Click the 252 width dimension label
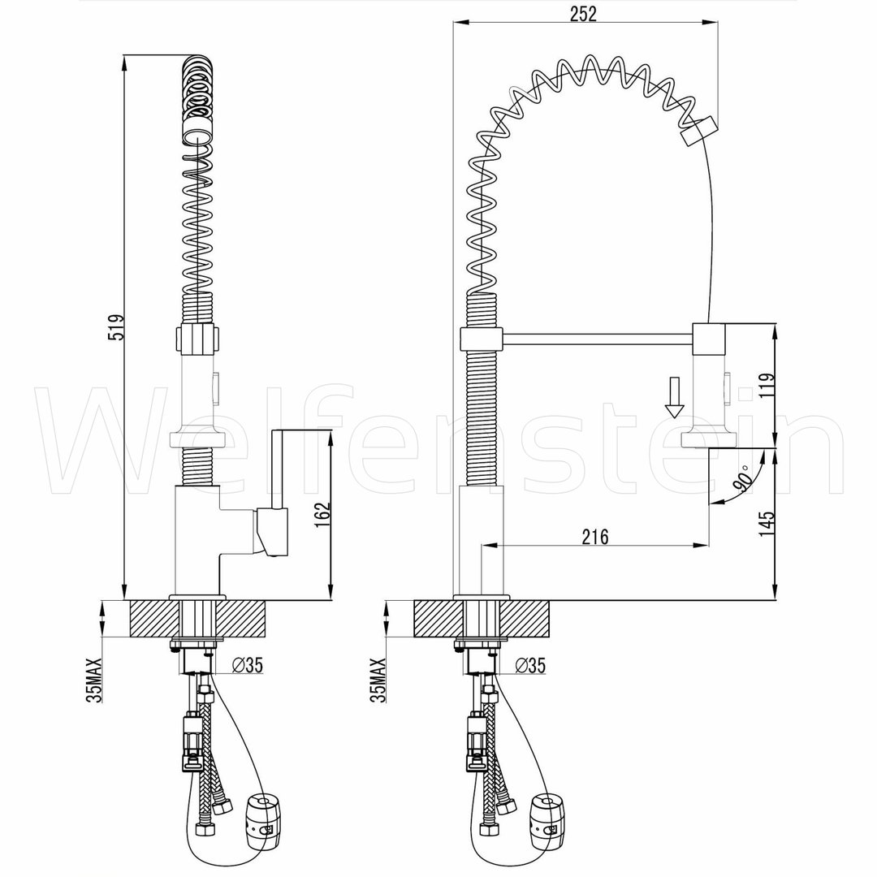click(583, 14)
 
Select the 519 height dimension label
click(117, 327)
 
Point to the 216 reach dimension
click(595, 537)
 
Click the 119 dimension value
click(767, 385)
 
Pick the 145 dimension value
click(767, 524)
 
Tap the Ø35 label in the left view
click(247, 665)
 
